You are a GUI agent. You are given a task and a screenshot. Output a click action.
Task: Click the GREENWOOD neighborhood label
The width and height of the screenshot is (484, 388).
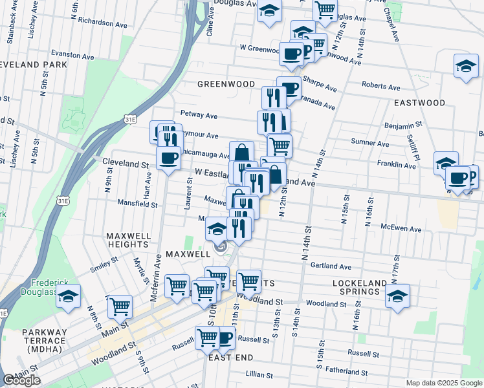point(226,84)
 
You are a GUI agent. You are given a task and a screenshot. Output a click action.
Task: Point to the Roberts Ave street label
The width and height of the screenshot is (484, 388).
point(382,86)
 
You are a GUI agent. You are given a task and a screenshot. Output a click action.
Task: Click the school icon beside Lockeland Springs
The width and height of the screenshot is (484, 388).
point(397,296)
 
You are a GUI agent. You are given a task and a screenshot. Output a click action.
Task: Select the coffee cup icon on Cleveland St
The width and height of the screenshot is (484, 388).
point(169,157)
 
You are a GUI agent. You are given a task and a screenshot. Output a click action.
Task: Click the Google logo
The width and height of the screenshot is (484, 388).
point(21,380)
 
